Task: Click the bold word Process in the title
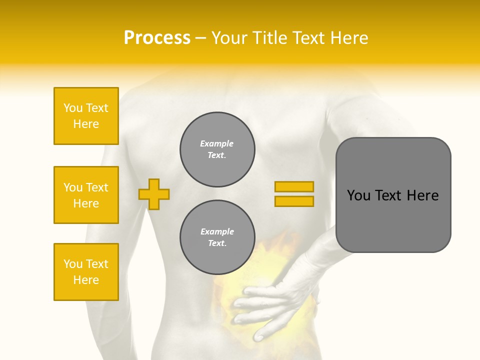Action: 157,38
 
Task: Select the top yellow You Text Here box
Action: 86,116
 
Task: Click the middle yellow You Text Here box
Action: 86,195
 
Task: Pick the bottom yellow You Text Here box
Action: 86,272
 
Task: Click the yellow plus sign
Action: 154,194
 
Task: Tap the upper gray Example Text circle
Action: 217,149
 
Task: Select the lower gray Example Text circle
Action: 217,237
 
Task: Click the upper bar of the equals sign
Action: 294,186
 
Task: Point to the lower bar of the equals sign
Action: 294,201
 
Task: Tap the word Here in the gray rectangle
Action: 422,195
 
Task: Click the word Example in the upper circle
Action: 217,143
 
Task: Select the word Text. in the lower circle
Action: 217,243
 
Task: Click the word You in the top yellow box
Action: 73,108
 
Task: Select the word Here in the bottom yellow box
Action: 86,280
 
